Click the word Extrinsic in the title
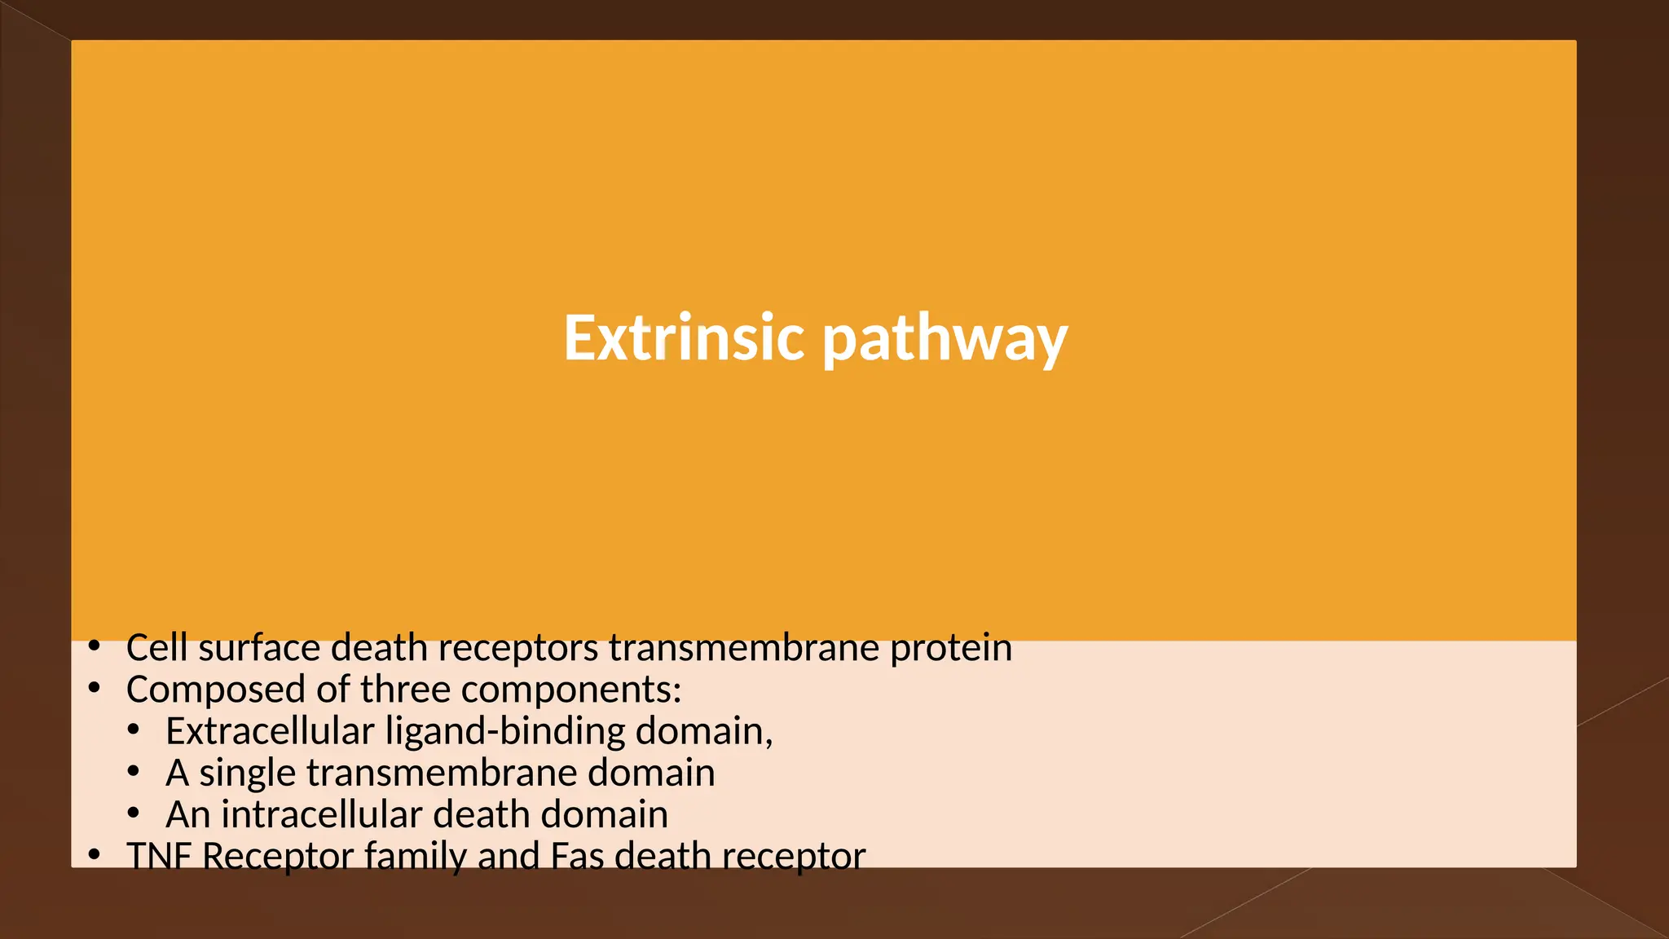685,337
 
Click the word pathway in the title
945,340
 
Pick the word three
405,690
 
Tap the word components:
571,690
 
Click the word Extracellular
269,731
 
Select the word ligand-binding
505,732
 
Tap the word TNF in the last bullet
159,856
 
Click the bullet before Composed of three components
95,689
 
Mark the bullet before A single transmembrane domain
134,770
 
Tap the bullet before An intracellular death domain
134,812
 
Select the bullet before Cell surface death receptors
95,647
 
